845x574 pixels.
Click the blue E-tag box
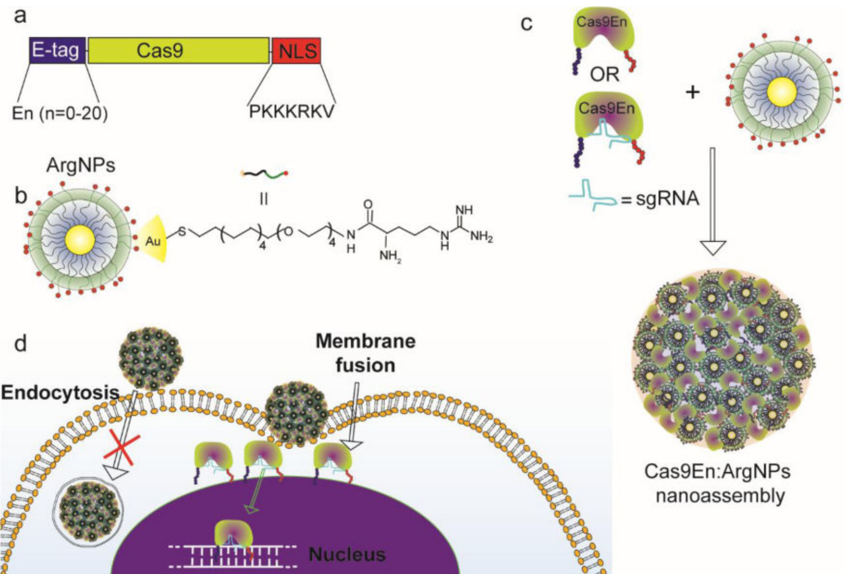(x=57, y=50)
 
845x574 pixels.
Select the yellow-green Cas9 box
(x=179, y=50)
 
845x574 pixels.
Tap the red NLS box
(x=296, y=50)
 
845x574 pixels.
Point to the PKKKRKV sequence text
(x=291, y=111)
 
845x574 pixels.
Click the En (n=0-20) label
(x=60, y=113)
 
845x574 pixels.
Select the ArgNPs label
(x=81, y=165)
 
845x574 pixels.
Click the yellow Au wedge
(x=151, y=240)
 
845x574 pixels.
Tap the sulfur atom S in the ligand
(x=182, y=232)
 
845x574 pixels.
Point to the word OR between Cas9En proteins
(x=604, y=75)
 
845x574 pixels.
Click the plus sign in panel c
(x=693, y=92)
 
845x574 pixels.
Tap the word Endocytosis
(x=60, y=392)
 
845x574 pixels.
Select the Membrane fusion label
(x=365, y=353)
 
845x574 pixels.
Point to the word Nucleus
(x=347, y=554)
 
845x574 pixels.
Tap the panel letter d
(x=21, y=344)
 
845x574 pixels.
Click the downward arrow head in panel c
(x=713, y=247)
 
